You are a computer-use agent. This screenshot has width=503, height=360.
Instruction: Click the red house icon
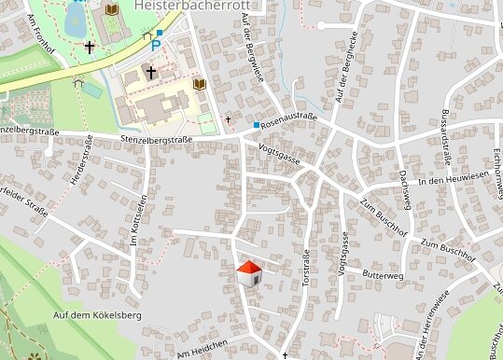pyautogui.click(x=249, y=272)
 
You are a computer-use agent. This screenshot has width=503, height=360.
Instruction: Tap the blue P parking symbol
pyautogui.click(x=145, y=43)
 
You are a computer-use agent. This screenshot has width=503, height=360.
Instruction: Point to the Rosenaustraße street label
pyautogui.click(x=289, y=121)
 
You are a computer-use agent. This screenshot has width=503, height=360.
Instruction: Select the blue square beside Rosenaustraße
pyautogui.click(x=257, y=124)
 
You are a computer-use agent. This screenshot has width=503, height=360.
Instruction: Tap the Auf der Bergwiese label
pyautogui.click(x=253, y=48)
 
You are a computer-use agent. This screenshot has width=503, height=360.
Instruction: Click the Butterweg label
pyautogui.click(x=382, y=276)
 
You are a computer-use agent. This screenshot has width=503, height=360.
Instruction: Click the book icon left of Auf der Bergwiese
pyautogui.click(x=199, y=84)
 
